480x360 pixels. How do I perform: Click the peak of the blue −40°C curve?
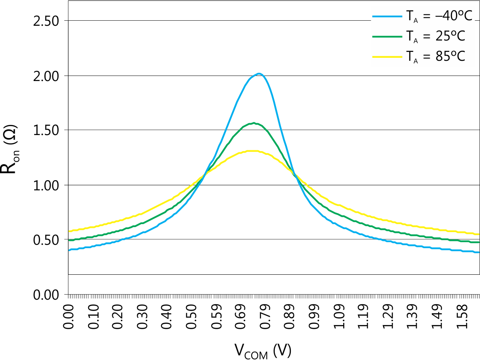pos(259,74)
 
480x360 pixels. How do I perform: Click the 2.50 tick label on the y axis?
pos(46,21)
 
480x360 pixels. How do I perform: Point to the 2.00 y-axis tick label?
pos(46,76)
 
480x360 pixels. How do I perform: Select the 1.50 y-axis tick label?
pos(46,130)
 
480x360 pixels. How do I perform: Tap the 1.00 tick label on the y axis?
pos(46,185)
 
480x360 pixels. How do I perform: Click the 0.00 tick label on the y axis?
pos(46,294)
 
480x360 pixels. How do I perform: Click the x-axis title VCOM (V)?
pos(263,351)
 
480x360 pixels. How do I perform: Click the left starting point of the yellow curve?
pos(69,231)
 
